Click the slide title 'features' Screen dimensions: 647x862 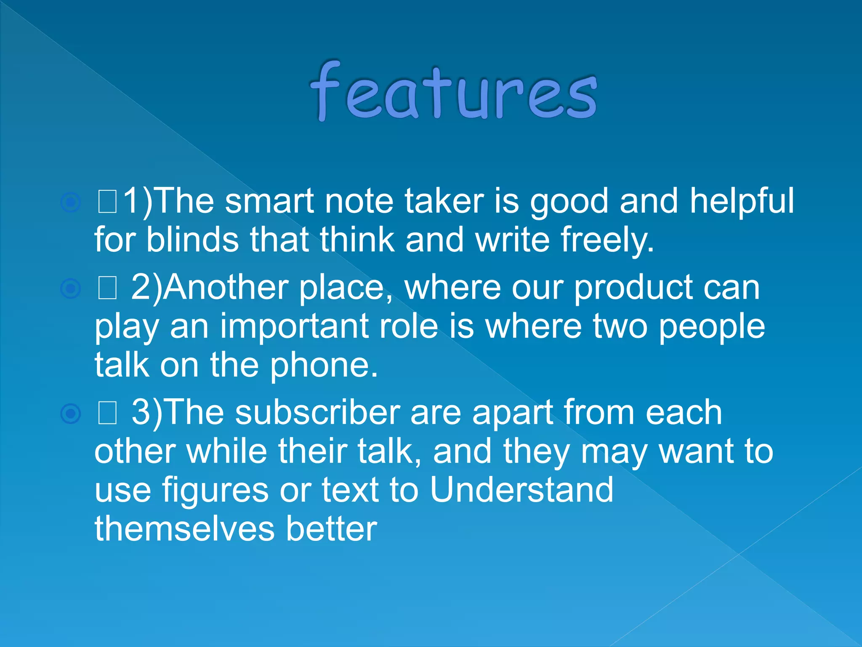(454, 92)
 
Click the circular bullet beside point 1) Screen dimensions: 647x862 (70, 203)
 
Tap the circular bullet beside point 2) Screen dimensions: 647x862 (70, 289)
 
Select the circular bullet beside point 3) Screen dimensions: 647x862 (70, 414)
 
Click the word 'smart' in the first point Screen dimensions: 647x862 (269, 201)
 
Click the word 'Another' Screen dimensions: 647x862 (226, 288)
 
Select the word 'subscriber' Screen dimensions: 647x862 (317, 413)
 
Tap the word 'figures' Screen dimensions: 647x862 (215, 490)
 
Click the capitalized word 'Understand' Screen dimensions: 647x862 (521, 489)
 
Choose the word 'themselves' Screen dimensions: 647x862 (185, 529)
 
